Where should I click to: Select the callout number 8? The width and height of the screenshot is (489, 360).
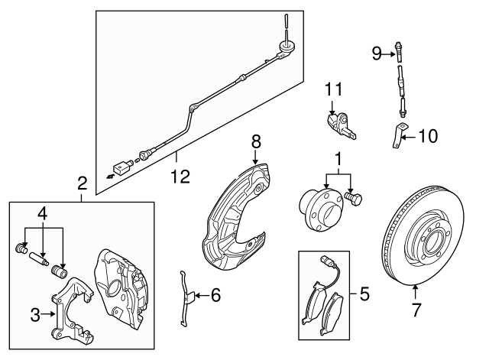pyautogui.click(x=256, y=141)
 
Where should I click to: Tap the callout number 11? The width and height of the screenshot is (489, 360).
pyautogui.click(x=332, y=90)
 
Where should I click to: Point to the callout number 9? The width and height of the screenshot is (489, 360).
pyautogui.click(x=377, y=53)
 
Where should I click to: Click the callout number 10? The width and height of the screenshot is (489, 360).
pyautogui.click(x=429, y=138)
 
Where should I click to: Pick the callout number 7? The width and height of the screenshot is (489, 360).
pyautogui.click(x=416, y=310)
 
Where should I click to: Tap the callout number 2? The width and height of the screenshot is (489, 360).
pyautogui.click(x=83, y=183)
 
